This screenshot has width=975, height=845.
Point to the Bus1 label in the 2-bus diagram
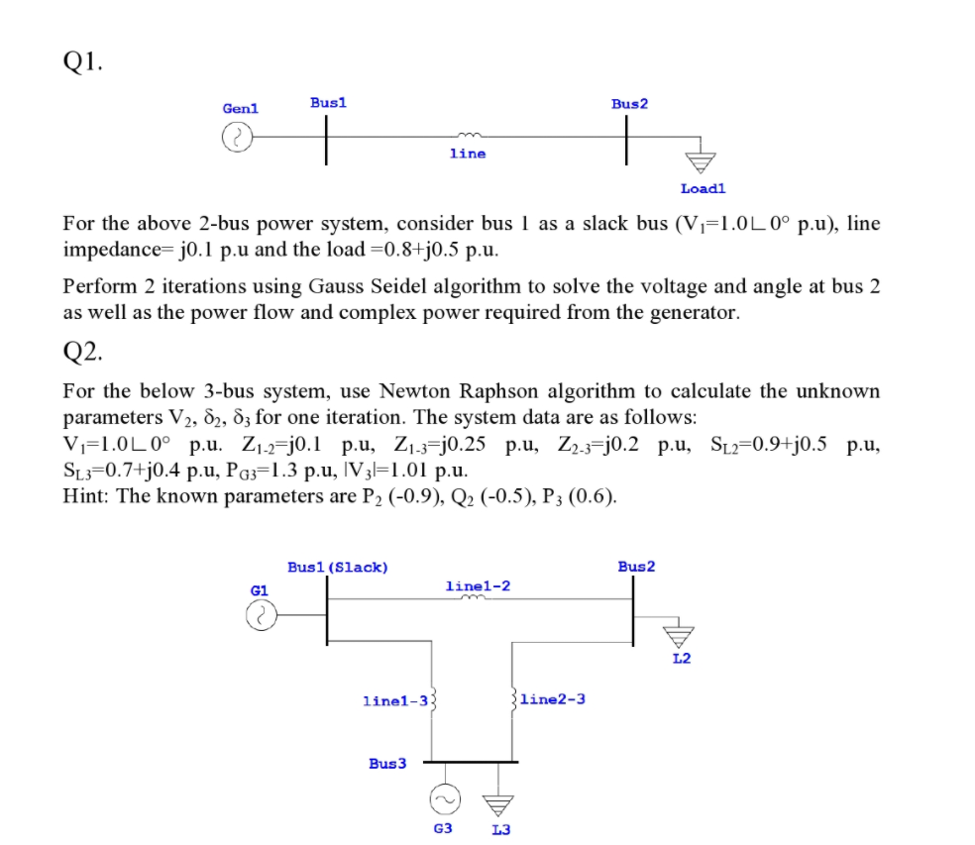(328, 102)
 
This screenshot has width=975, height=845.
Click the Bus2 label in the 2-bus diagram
(629, 103)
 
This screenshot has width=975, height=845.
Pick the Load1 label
(703, 188)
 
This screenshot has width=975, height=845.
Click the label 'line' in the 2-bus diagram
(467, 154)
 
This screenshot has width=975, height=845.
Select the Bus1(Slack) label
(337, 567)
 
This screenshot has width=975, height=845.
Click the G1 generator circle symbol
(259, 618)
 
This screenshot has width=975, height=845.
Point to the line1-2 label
(478, 585)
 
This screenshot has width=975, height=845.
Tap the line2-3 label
(552, 698)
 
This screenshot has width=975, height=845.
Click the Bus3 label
(387, 763)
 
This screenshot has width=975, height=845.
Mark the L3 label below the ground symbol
(500, 829)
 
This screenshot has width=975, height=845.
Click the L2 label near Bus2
(681, 658)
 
